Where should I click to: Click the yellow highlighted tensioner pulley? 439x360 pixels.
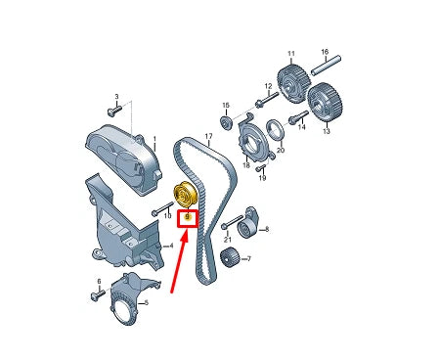coord(184,194)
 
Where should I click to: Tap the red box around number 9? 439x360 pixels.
coord(187,216)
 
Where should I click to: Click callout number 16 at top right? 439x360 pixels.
coord(325,51)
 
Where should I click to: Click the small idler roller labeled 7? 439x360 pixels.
coord(231,258)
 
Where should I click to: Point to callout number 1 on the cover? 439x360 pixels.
coord(153,138)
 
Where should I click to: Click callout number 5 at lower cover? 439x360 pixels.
coord(147,303)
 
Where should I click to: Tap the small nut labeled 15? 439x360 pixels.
coord(227,122)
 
